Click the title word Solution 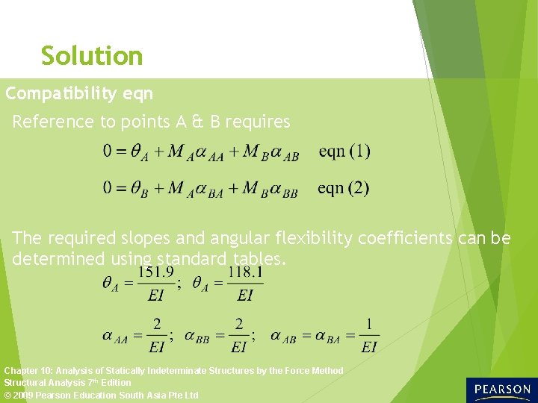click(92, 56)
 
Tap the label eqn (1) click(344, 151)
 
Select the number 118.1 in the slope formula click(246, 273)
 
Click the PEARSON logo click(501, 390)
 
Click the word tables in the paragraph click(258, 259)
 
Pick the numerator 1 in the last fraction click(369, 325)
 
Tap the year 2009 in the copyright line click(25, 395)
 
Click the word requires click(258, 122)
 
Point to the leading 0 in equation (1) click(108, 151)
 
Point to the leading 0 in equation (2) click(108, 188)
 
